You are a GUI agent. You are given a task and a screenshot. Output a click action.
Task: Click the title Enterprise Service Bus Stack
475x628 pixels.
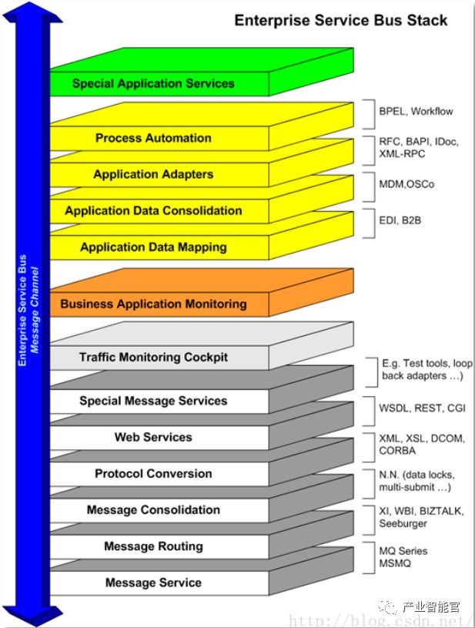tap(341, 21)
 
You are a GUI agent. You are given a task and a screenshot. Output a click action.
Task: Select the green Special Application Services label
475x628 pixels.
tap(153, 83)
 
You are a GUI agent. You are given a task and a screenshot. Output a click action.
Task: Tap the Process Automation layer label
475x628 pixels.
tap(153, 138)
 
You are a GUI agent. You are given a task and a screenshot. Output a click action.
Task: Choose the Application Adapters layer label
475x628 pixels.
tap(153, 174)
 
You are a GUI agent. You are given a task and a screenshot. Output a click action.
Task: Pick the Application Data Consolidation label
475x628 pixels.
tap(153, 210)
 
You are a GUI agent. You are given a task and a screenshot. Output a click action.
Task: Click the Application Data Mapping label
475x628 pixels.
tap(153, 247)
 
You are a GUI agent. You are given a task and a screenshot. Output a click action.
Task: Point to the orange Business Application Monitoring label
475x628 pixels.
tap(153, 304)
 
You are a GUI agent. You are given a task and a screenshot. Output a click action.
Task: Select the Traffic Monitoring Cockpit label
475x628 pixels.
tap(153, 357)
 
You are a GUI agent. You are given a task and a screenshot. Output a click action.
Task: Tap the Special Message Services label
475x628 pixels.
tap(153, 401)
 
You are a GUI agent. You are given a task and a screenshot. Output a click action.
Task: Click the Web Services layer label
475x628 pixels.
tap(153, 437)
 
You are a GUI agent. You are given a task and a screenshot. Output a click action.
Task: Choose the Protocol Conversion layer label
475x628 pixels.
tap(153, 473)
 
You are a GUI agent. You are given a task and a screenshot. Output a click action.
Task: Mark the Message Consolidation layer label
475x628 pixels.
tap(153, 509)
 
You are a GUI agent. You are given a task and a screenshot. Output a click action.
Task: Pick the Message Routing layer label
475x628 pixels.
tap(153, 546)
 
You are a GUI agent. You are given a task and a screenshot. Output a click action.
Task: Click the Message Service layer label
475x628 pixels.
tap(153, 583)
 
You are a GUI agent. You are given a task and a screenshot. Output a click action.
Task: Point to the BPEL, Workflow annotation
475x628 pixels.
tap(416, 111)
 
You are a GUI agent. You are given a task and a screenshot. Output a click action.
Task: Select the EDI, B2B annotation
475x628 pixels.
tap(400, 220)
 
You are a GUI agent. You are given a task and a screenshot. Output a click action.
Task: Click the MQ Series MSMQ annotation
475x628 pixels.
tap(403, 557)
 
